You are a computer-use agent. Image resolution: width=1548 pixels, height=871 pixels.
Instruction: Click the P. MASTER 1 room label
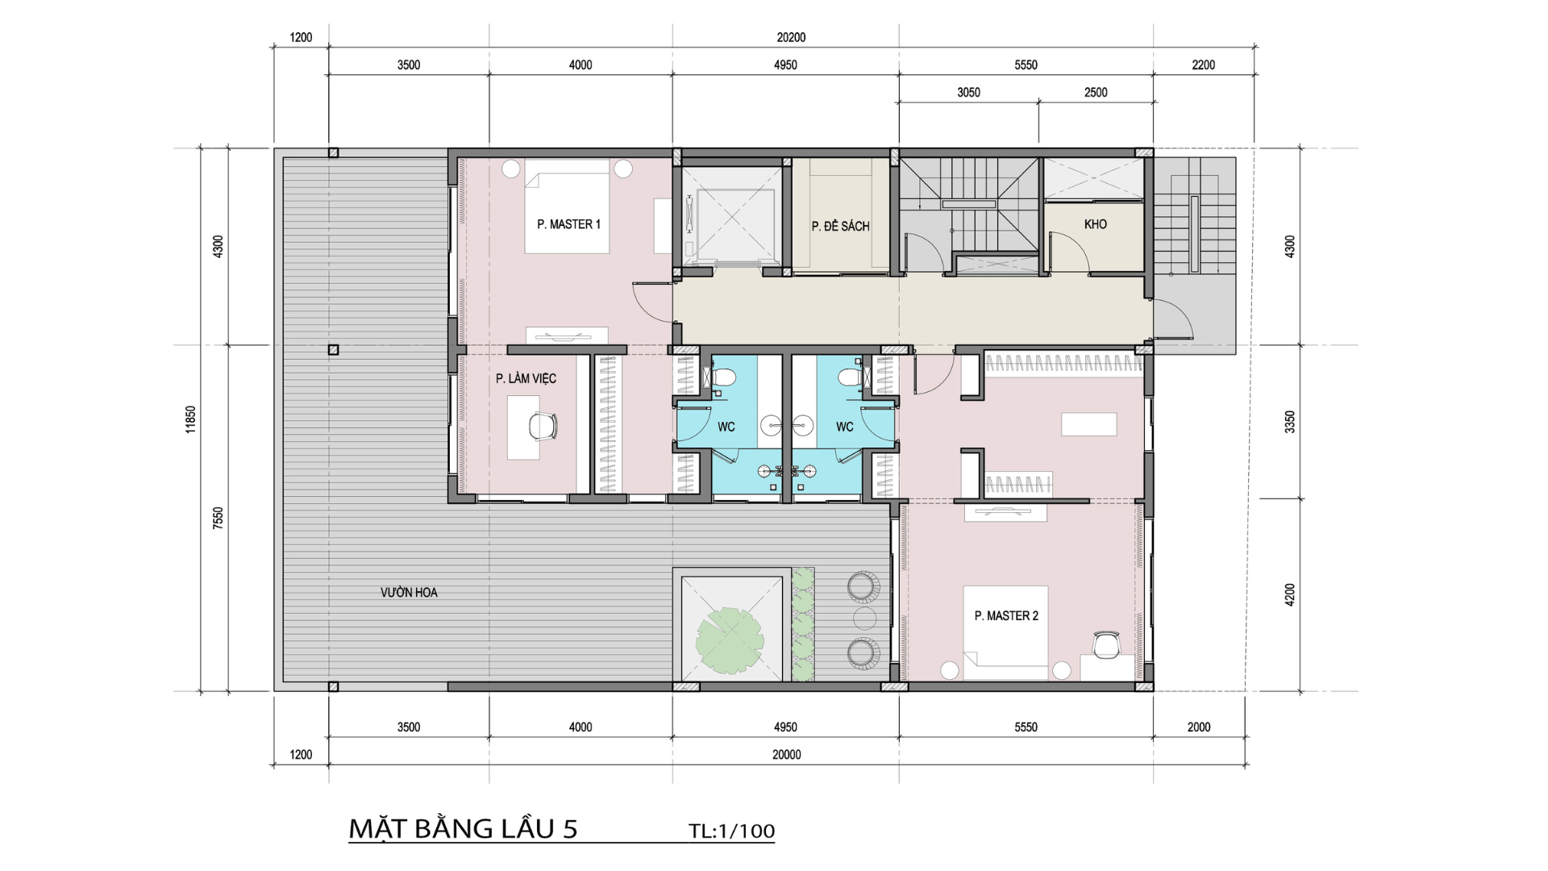point(568,224)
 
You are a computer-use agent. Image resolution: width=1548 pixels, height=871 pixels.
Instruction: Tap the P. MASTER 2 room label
point(1006,615)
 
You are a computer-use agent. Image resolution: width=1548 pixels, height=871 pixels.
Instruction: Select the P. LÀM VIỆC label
point(526,377)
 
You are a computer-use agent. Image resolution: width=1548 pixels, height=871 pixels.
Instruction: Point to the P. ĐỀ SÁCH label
point(840,226)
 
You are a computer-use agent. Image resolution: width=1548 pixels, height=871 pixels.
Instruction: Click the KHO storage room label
point(1095,224)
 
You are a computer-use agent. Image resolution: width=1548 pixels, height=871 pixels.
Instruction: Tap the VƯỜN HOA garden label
point(409,592)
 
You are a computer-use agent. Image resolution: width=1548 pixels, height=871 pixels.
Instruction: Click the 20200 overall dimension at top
point(791,37)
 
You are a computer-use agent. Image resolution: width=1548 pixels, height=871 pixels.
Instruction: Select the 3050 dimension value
point(968,93)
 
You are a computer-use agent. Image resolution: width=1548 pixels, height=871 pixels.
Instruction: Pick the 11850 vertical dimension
point(190,419)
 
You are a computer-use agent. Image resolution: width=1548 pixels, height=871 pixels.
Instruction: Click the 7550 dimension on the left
point(218,518)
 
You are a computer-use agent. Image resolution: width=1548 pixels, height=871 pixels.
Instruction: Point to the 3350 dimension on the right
point(1290,422)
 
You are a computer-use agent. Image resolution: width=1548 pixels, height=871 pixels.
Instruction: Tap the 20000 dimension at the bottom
point(786,755)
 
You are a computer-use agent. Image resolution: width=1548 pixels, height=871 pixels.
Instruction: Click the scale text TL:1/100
point(731,831)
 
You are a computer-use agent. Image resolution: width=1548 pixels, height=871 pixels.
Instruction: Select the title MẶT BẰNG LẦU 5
point(463,828)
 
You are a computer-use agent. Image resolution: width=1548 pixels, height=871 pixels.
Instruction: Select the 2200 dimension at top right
point(1203,65)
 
